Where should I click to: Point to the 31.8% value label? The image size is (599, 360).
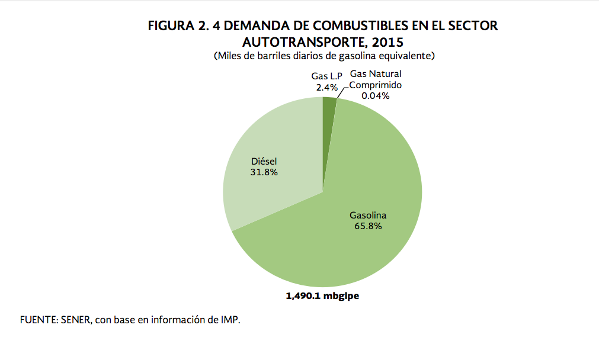[264, 172]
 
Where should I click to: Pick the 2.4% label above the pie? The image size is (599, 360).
[326, 87]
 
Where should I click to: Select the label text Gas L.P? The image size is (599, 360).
[326, 76]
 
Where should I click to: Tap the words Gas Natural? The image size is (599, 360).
[376, 74]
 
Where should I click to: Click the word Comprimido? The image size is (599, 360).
[376, 85]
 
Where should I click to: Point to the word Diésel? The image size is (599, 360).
[264, 161]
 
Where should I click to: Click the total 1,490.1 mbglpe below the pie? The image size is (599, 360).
[323, 296]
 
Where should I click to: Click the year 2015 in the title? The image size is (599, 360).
[387, 42]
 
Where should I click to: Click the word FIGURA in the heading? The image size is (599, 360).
[169, 26]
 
